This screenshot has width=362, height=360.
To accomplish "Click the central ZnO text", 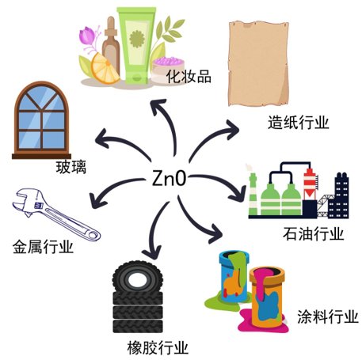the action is click(x=169, y=179).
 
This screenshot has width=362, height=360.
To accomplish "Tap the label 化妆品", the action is click(x=189, y=77).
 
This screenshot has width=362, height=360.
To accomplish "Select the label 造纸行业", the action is click(x=299, y=123).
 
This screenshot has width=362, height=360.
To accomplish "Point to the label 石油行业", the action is click(x=314, y=233).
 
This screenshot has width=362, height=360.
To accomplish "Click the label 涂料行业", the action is click(x=328, y=316).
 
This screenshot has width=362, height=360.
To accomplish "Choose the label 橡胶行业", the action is click(x=158, y=348).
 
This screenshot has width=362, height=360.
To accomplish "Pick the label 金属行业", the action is click(x=43, y=247).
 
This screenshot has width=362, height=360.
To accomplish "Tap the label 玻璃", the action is click(x=71, y=167).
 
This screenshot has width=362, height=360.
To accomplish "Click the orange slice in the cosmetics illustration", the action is click(x=104, y=69).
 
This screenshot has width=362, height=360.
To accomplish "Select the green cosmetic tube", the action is click(x=136, y=45).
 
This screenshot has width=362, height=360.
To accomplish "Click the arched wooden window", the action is click(x=41, y=120).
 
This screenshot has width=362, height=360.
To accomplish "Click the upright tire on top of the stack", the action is click(x=137, y=278).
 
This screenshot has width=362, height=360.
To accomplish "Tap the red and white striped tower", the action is click(x=310, y=184).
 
